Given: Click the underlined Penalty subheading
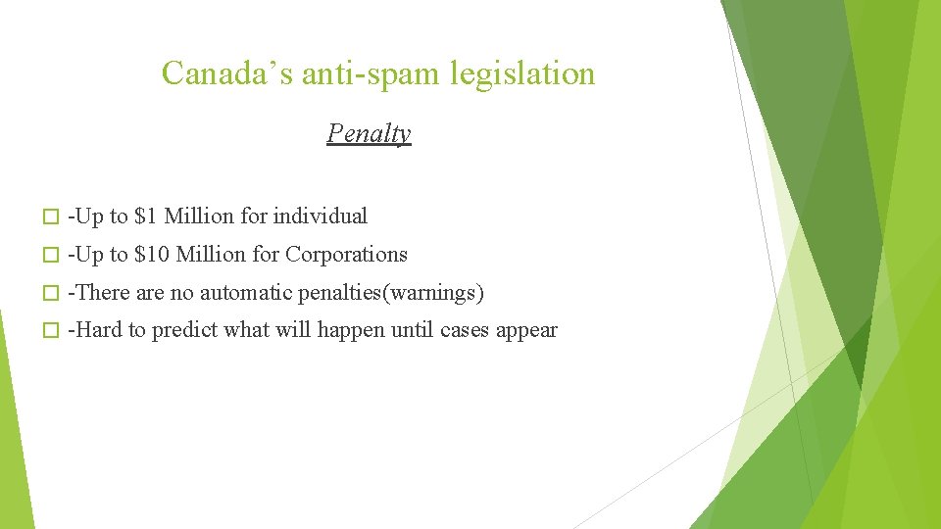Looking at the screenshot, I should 369,133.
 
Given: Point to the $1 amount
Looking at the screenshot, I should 146,216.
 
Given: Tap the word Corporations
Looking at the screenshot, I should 346,255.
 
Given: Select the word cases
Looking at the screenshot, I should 465,331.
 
